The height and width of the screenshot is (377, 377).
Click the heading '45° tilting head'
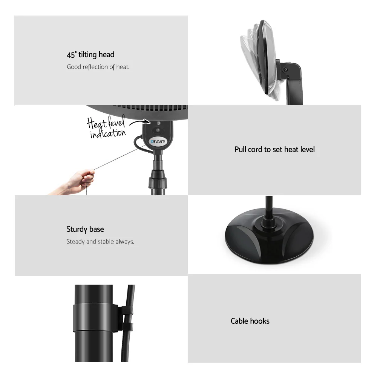coord(90,55)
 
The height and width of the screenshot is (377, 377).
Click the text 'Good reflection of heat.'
coord(98,67)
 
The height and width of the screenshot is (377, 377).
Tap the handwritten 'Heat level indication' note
coord(107,128)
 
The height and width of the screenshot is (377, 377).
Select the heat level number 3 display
coord(158,123)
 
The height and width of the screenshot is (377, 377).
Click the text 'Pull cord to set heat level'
coord(274,149)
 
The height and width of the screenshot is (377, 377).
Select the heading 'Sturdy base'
coord(85,229)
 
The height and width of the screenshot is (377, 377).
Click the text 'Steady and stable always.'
coord(100,242)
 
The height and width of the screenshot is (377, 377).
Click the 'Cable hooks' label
coord(250,321)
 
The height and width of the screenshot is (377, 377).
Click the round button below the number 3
coord(158,130)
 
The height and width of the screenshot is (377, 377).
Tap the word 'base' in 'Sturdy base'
coord(97,229)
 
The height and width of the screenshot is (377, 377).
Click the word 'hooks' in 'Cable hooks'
coord(260,321)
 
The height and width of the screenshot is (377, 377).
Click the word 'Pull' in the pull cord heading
coord(241,149)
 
